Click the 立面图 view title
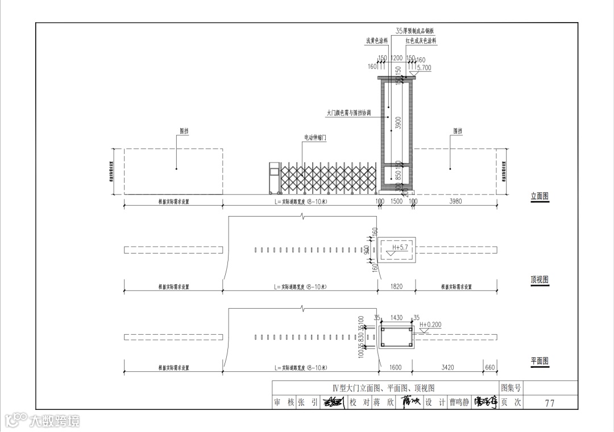pyautogui.click(x=540, y=196)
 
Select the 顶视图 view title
pyautogui.click(x=540, y=280)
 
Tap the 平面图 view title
pyautogui.click(x=540, y=361)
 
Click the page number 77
pyautogui.click(x=549, y=403)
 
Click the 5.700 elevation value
pyautogui.click(x=424, y=68)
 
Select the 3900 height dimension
pyautogui.click(x=399, y=123)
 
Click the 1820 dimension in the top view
pyautogui.click(x=396, y=286)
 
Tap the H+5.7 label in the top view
pyautogui.click(x=401, y=248)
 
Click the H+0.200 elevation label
pyautogui.click(x=430, y=325)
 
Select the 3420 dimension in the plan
pyautogui.click(x=448, y=368)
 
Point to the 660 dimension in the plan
pyautogui.click(x=490, y=368)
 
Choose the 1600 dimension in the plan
pyautogui.click(x=396, y=368)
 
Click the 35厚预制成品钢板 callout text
pyautogui.click(x=415, y=31)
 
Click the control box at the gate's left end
pyautogui.click(x=275, y=178)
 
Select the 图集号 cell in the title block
pyautogui.click(x=511, y=388)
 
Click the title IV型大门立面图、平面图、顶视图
pyautogui.click(x=384, y=388)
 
